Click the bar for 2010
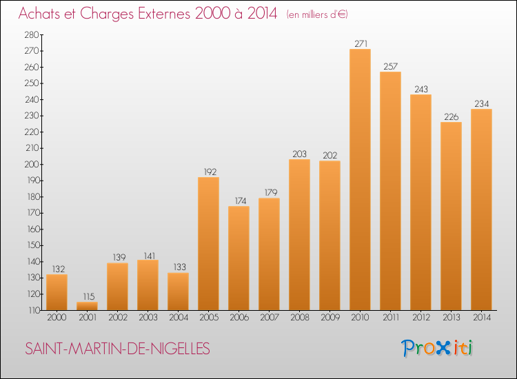click(x=360, y=180)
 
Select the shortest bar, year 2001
click(x=87, y=306)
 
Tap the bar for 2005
click(x=208, y=243)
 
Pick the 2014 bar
click(x=481, y=209)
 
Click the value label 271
click(x=361, y=43)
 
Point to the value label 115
click(x=89, y=296)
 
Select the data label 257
click(x=391, y=66)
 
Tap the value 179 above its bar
click(x=271, y=192)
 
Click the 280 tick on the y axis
click(x=32, y=34)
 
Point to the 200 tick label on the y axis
click(x=32, y=164)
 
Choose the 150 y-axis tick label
click(x=33, y=245)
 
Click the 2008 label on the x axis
click(x=300, y=317)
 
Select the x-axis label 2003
click(x=148, y=317)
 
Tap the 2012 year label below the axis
click(x=421, y=317)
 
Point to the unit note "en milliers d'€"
click(x=317, y=14)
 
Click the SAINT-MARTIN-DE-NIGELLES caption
click(x=117, y=349)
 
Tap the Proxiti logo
click(x=436, y=348)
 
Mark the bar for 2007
click(x=269, y=254)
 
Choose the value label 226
click(x=452, y=116)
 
